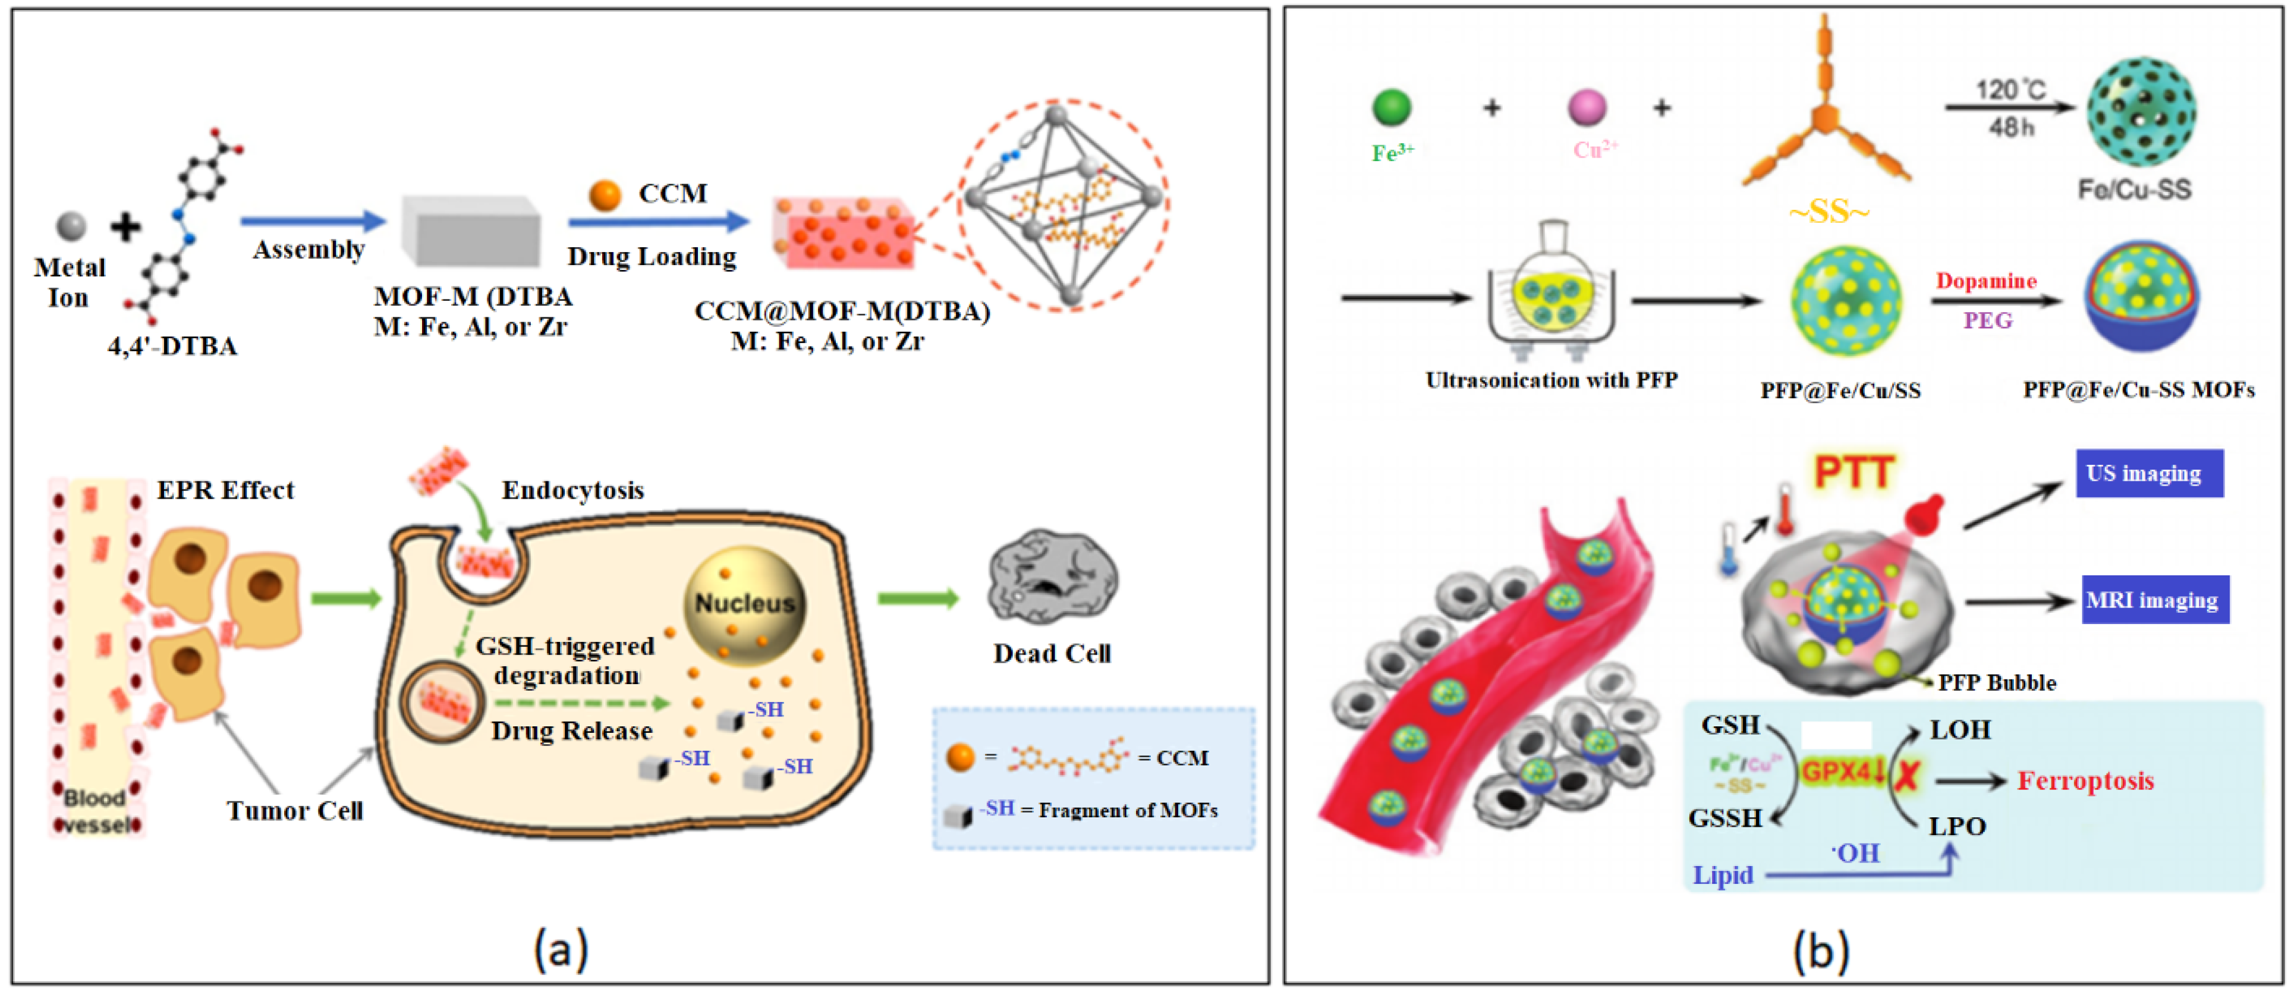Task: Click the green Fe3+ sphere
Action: pyautogui.click(x=1392, y=108)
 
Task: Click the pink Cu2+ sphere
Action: pyautogui.click(x=1587, y=108)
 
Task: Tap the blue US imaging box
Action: pyautogui.click(x=2149, y=473)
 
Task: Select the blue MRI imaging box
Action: pyautogui.click(x=2154, y=600)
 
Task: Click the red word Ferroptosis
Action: pyautogui.click(x=2085, y=781)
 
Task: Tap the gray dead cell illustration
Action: pyautogui.click(x=1053, y=577)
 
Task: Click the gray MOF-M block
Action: pyautogui.click(x=471, y=232)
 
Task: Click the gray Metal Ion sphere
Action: pyautogui.click(x=71, y=226)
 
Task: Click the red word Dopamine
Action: pyautogui.click(x=1986, y=282)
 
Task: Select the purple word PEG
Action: pyautogui.click(x=1988, y=321)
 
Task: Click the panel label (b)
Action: pyautogui.click(x=1820, y=950)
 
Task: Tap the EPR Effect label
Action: pyautogui.click(x=225, y=490)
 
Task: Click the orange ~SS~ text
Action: pyautogui.click(x=1829, y=212)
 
